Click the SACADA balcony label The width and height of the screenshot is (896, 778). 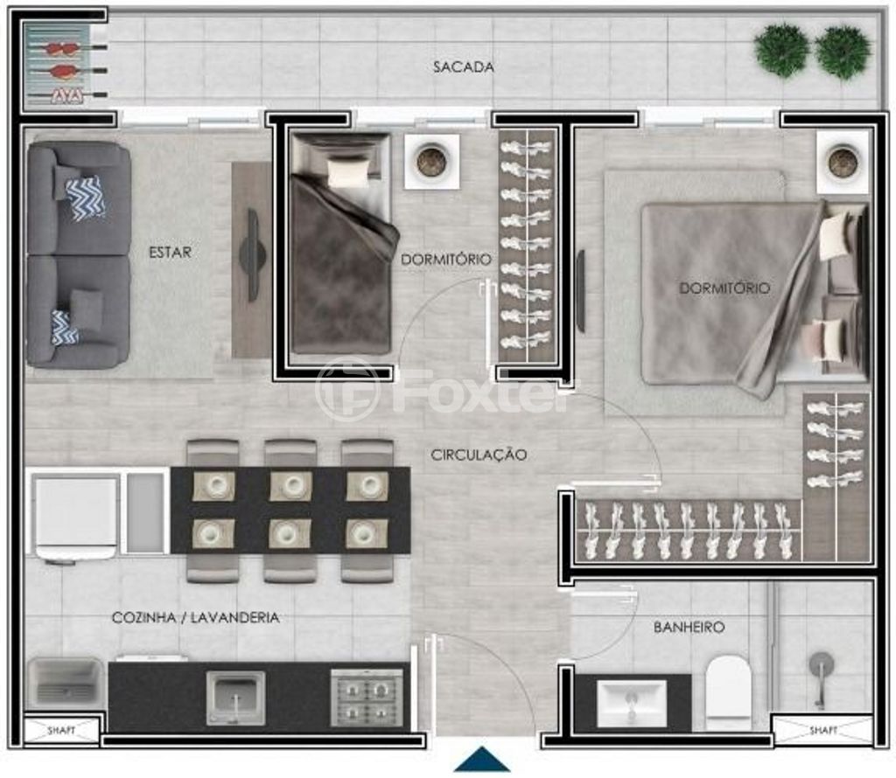(464, 66)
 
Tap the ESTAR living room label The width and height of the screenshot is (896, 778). (170, 253)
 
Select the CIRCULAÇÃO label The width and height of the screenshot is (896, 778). (479, 455)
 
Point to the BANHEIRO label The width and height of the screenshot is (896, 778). (689, 628)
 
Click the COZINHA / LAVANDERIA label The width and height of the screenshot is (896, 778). (195, 618)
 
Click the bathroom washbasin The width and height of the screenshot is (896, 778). (632, 703)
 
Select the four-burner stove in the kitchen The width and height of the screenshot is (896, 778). (367, 697)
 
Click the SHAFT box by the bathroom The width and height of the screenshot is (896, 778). (822, 730)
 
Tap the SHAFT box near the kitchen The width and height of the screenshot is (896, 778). (61, 730)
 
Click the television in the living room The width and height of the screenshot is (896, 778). (251, 254)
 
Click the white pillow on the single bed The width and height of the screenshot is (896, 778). (348, 172)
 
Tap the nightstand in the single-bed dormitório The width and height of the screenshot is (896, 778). (432, 162)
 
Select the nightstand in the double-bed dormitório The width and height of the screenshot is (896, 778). (843, 163)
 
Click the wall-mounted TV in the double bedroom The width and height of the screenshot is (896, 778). (581, 290)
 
